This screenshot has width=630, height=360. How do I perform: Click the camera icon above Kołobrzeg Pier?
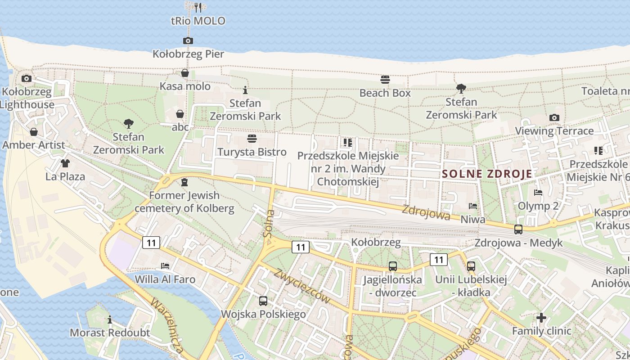(188, 41)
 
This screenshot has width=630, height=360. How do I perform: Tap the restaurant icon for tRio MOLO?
(198, 7)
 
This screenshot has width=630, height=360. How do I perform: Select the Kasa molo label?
(185, 86)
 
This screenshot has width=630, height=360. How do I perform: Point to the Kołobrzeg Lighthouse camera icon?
(27, 79)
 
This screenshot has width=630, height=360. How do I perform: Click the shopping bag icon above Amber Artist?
(34, 132)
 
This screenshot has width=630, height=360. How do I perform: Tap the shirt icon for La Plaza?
(65, 163)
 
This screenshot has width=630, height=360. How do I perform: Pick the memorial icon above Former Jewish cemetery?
(184, 182)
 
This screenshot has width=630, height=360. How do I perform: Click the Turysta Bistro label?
(252, 152)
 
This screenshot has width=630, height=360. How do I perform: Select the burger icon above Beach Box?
(385, 80)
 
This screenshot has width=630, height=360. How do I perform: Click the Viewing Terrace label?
(554, 131)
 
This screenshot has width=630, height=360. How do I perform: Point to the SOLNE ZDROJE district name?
(487, 174)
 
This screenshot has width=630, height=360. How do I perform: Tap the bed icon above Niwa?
(473, 206)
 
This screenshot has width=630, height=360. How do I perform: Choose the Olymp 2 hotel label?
(538, 206)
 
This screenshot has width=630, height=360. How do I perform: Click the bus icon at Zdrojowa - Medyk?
(518, 229)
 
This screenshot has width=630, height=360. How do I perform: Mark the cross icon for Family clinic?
(541, 318)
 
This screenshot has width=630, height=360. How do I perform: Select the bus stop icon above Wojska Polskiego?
(263, 301)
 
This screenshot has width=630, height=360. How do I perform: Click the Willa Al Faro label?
(165, 279)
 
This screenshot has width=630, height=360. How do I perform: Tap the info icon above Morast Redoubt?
(110, 320)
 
